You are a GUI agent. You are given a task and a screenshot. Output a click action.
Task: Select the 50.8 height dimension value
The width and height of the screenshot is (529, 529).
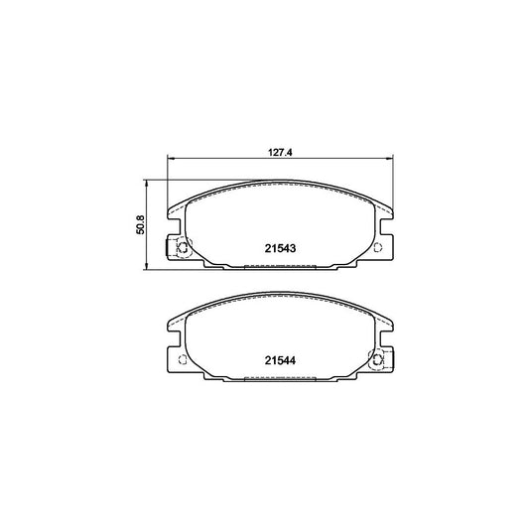[140, 225]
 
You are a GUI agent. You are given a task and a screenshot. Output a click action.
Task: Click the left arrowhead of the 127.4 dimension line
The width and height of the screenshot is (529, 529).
[171, 161]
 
